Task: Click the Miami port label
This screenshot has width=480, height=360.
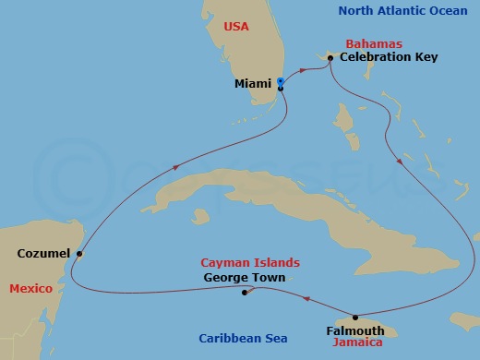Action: pos(253,83)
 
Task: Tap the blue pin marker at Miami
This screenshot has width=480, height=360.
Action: pos(280,83)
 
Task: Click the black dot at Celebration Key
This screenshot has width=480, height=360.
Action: pos(330,57)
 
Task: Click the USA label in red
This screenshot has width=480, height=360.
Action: pos(238,28)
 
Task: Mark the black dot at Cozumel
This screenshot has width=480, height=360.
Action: pos(79,253)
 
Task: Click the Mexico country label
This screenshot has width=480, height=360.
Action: pos(30,289)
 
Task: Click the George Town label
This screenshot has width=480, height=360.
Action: pos(245,277)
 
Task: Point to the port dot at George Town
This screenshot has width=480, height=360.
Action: pos(245,294)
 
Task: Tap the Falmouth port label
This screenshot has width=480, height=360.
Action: pos(354,329)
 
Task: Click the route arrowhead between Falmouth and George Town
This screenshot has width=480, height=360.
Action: pos(306,299)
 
